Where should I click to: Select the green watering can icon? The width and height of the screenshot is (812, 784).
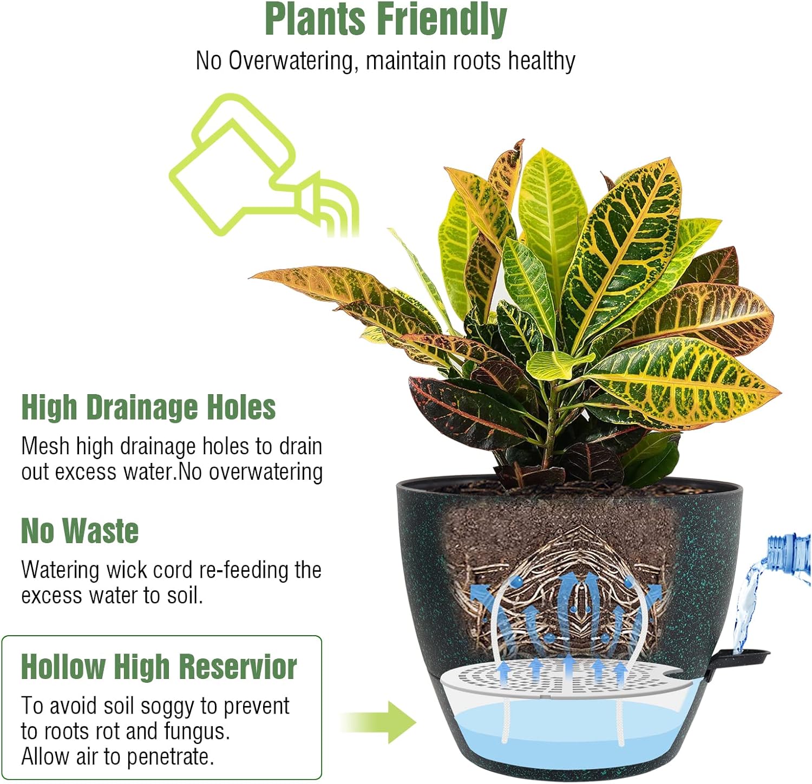coord(264,165)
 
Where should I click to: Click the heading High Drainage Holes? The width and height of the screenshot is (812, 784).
coord(148,407)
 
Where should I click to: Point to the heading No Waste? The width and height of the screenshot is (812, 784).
coord(80,531)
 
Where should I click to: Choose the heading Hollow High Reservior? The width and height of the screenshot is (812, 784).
coord(159,667)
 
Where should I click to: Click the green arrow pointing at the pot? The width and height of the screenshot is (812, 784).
coord(379,722)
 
